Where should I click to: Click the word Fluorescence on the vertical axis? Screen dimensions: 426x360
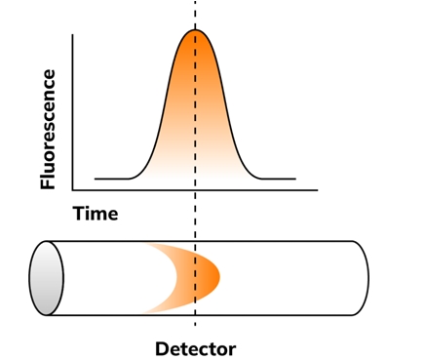48,129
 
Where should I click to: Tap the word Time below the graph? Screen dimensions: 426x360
96,214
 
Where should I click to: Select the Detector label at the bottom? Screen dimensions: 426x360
195,349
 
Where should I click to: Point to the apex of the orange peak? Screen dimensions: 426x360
195,30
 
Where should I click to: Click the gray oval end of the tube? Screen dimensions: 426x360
47,278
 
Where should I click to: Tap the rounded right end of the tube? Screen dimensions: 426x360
368,278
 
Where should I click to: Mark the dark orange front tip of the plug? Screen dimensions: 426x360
219,277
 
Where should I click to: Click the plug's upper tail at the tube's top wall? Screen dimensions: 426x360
148,244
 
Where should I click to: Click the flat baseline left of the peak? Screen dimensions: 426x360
112,179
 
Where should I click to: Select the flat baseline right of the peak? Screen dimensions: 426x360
278,179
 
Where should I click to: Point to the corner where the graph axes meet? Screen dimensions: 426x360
72,190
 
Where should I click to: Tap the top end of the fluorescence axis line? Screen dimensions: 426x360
72,34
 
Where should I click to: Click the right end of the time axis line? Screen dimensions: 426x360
318,190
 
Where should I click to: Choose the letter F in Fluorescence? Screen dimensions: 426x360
48,183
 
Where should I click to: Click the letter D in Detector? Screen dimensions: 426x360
162,349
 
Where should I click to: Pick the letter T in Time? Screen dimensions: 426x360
80,214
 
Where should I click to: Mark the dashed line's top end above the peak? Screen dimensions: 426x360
195,1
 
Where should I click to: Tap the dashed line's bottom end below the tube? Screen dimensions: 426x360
195,325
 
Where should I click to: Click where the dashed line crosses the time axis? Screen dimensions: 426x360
195,190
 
